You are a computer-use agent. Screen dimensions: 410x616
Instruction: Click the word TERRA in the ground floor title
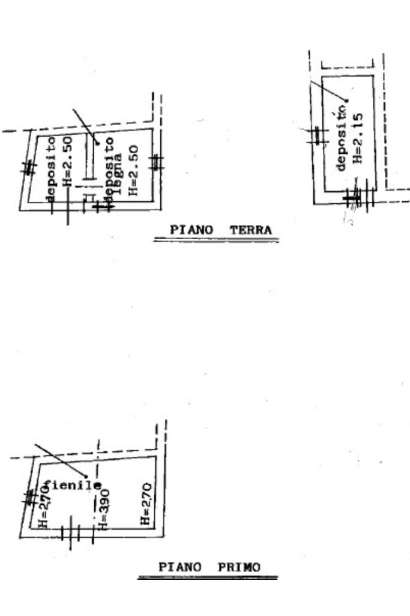point(250,230)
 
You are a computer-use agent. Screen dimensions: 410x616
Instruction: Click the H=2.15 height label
point(358,144)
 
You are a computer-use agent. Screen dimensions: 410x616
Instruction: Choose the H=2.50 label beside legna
point(133,170)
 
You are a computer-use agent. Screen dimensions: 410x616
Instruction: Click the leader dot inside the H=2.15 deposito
point(346,100)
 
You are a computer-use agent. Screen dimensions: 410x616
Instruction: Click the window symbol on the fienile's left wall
point(29,498)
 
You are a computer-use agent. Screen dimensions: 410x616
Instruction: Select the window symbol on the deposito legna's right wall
point(156,162)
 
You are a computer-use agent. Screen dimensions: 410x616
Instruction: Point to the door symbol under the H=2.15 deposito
point(358,197)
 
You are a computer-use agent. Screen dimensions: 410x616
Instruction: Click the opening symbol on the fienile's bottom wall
point(77,532)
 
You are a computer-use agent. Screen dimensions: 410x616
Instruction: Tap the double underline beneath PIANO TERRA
point(216,240)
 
